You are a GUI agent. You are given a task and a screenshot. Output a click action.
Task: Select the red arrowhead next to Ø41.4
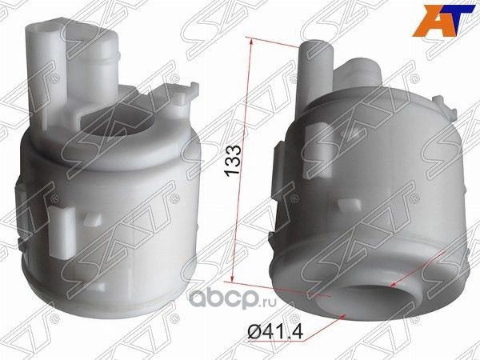click(345, 316)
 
